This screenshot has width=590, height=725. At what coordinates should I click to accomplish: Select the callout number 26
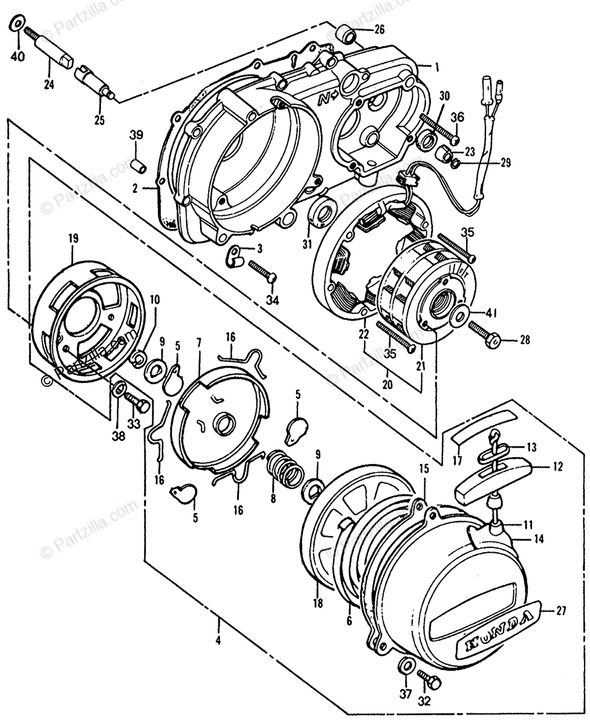tap(379, 29)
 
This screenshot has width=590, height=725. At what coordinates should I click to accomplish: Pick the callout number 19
tap(73, 239)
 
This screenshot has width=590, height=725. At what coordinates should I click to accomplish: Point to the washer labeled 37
tap(405, 666)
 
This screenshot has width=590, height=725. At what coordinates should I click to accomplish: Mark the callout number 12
tap(557, 466)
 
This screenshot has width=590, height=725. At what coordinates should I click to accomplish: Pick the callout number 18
tap(318, 602)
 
